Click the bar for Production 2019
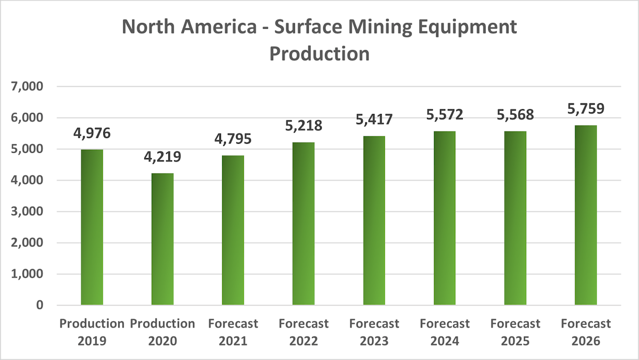[92, 227]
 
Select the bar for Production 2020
[162, 239]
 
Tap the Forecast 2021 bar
[233, 230]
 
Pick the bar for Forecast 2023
[374, 220]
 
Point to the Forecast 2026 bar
[586, 215]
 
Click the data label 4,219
[162, 158]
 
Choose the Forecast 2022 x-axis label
[304, 332]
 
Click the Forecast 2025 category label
[515, 332]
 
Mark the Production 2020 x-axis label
[162, 332]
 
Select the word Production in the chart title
[319, 53]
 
